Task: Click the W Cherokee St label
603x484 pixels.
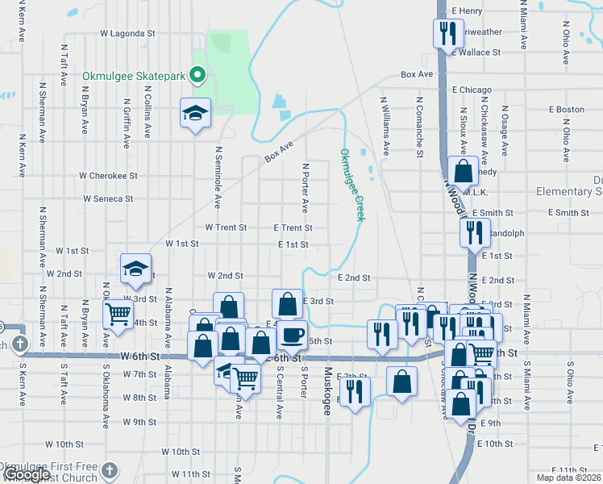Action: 108,175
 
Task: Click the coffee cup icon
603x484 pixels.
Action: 293,334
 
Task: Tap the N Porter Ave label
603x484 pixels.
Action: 306,185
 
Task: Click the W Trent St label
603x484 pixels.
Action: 226,228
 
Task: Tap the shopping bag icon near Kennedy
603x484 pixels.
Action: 464,171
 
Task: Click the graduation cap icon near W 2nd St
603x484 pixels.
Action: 136,269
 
